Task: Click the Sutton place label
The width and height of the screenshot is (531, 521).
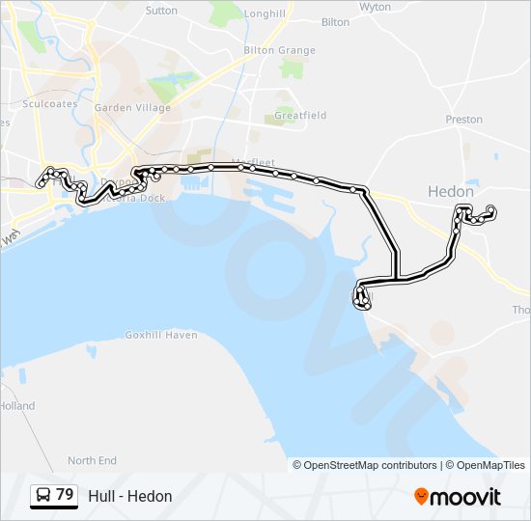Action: [x=161, y=11]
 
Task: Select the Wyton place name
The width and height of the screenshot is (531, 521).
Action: [x=375, y=7]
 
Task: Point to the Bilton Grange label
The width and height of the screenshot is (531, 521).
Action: [x=280, y=50]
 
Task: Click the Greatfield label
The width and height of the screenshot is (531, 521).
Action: [x=300, y=115]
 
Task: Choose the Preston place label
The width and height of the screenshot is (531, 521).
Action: [x=463, y=120]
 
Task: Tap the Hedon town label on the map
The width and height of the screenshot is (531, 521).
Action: [x=451, y=192]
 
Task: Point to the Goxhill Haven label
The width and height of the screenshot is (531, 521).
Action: [x=161, y=335]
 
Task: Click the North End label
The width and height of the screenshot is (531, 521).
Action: [x=92, y=461]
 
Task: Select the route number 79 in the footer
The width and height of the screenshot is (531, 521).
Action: [x=65, y=495]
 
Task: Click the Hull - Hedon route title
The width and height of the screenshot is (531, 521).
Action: [x=130, y=496]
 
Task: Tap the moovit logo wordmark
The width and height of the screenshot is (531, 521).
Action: [x=466, y=497]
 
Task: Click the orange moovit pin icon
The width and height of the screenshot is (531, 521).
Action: [x=421, y=496]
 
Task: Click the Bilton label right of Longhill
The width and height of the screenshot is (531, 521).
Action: [x=335, y=21]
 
